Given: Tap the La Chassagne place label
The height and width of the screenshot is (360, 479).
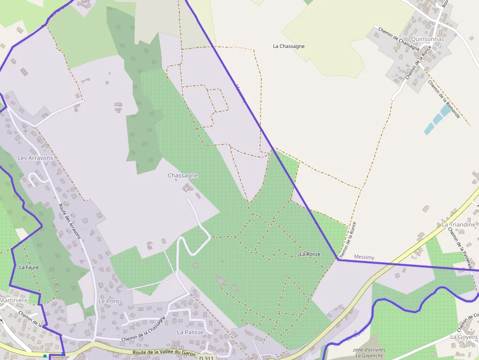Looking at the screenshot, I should coord(288,46).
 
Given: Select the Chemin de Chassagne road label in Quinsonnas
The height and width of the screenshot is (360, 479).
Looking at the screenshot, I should coord(399,39).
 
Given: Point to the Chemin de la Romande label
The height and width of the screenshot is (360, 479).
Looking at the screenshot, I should coord(444,99).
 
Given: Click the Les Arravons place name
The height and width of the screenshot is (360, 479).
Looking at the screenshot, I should coord(35,158).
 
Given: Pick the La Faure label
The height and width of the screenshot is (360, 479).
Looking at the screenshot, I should coord(28,268).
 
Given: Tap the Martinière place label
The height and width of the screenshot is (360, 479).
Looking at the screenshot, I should coord(13,300).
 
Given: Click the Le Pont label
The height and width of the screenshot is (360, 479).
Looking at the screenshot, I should coord(109,301).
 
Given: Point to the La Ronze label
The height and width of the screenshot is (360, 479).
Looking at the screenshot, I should coord(310,254).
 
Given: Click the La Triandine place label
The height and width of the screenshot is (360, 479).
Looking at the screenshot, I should coord(458,225).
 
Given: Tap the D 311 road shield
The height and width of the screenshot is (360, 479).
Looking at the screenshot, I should coord(206,358).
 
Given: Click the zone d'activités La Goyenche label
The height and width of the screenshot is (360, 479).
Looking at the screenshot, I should coord(369,353).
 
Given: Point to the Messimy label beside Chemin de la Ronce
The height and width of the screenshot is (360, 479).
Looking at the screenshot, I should coord(364,257).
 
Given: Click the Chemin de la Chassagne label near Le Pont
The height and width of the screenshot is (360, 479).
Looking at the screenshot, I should coord(143,329).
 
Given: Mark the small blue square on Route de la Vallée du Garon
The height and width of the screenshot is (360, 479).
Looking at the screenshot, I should coord(44,356).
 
